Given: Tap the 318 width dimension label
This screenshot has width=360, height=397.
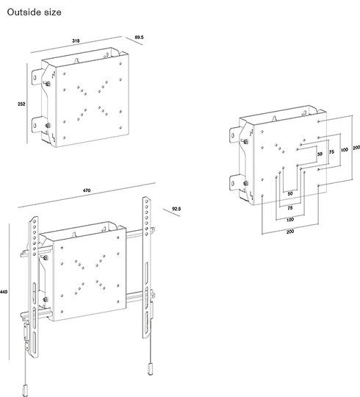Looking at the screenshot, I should point(75,41).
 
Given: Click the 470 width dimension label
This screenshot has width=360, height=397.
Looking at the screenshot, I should point(86,191).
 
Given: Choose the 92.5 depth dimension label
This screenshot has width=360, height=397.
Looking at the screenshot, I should point(176,209).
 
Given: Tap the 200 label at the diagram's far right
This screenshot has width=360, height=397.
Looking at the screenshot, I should point(356,148).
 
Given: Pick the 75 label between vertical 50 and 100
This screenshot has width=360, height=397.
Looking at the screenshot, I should point(331,151).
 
